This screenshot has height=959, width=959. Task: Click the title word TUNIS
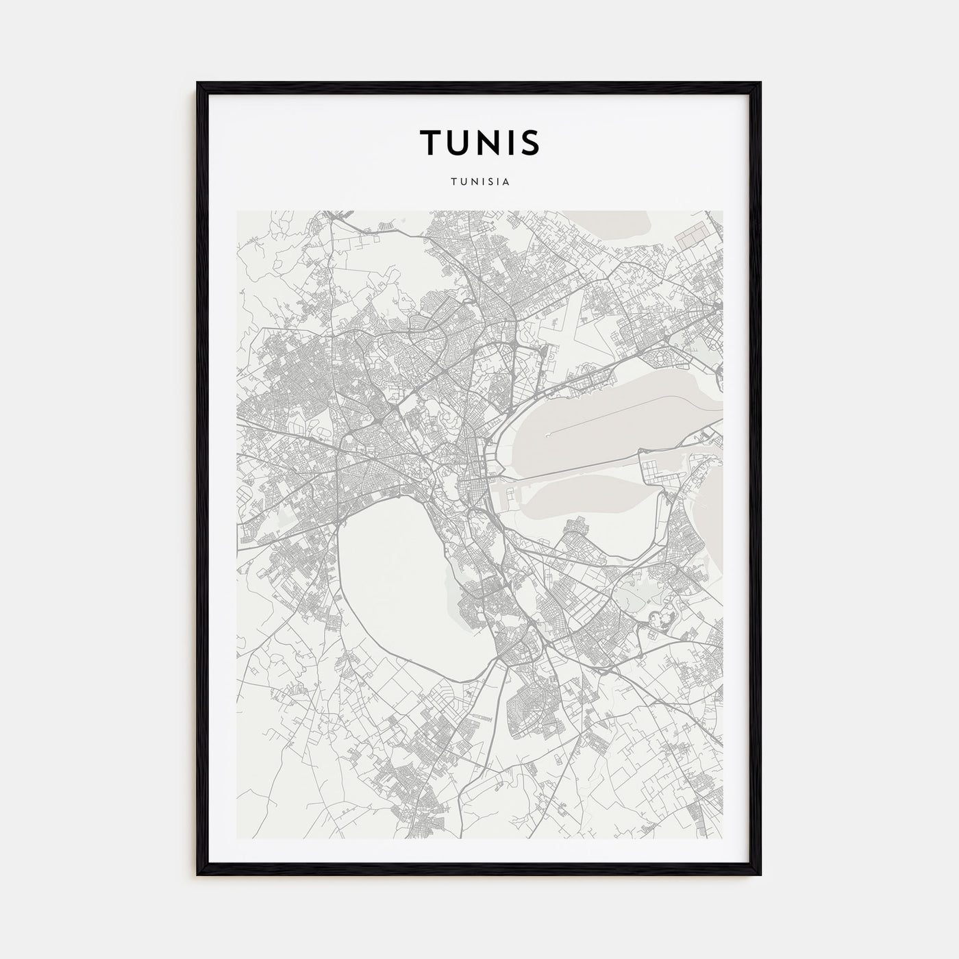480,142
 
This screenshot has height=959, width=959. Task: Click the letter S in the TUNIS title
530,142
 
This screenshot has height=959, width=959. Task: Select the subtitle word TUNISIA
480,182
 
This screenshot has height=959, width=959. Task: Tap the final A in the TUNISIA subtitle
505,182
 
